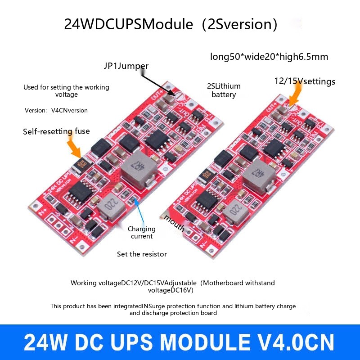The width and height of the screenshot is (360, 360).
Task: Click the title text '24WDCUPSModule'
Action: click(128, 24)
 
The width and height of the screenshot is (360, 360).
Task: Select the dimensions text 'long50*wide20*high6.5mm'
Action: click(269, 57)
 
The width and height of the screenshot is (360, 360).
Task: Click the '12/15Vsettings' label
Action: click(305, 81)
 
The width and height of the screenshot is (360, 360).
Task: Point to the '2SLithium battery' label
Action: click(224, 90)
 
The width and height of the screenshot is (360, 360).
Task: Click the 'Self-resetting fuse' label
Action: click(56, 131)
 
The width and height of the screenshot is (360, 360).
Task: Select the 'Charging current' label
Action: click(142, 232)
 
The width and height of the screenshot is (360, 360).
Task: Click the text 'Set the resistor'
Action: click(142, 254)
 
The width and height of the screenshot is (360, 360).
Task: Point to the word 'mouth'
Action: click(174, 223)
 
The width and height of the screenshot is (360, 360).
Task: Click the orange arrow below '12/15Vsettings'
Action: click(297, 96)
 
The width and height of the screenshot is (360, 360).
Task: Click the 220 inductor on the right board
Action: click(234, 209)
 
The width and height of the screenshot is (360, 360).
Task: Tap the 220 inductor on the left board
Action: click(110, 205)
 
